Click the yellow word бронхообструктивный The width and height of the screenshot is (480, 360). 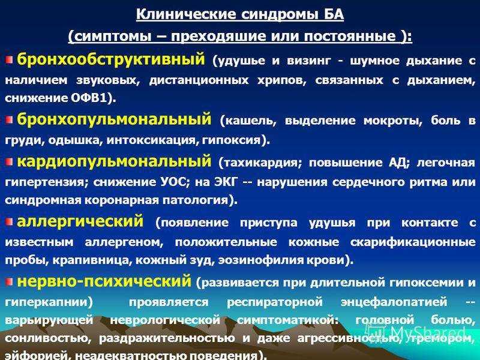coord(110,59)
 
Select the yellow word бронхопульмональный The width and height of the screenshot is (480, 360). coord(114,119)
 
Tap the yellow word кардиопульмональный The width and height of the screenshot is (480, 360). coord(114,161)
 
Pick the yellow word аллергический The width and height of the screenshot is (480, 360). coord(80,221)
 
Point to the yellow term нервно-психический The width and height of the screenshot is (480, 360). coord(104,281)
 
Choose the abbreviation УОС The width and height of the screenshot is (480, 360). coord(172,182)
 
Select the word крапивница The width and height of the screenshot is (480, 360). coord(91,260)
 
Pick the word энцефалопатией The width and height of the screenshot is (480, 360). coord(394,302)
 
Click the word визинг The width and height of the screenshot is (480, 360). coord(309,61)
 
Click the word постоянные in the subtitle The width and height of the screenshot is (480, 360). coord(350,37)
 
